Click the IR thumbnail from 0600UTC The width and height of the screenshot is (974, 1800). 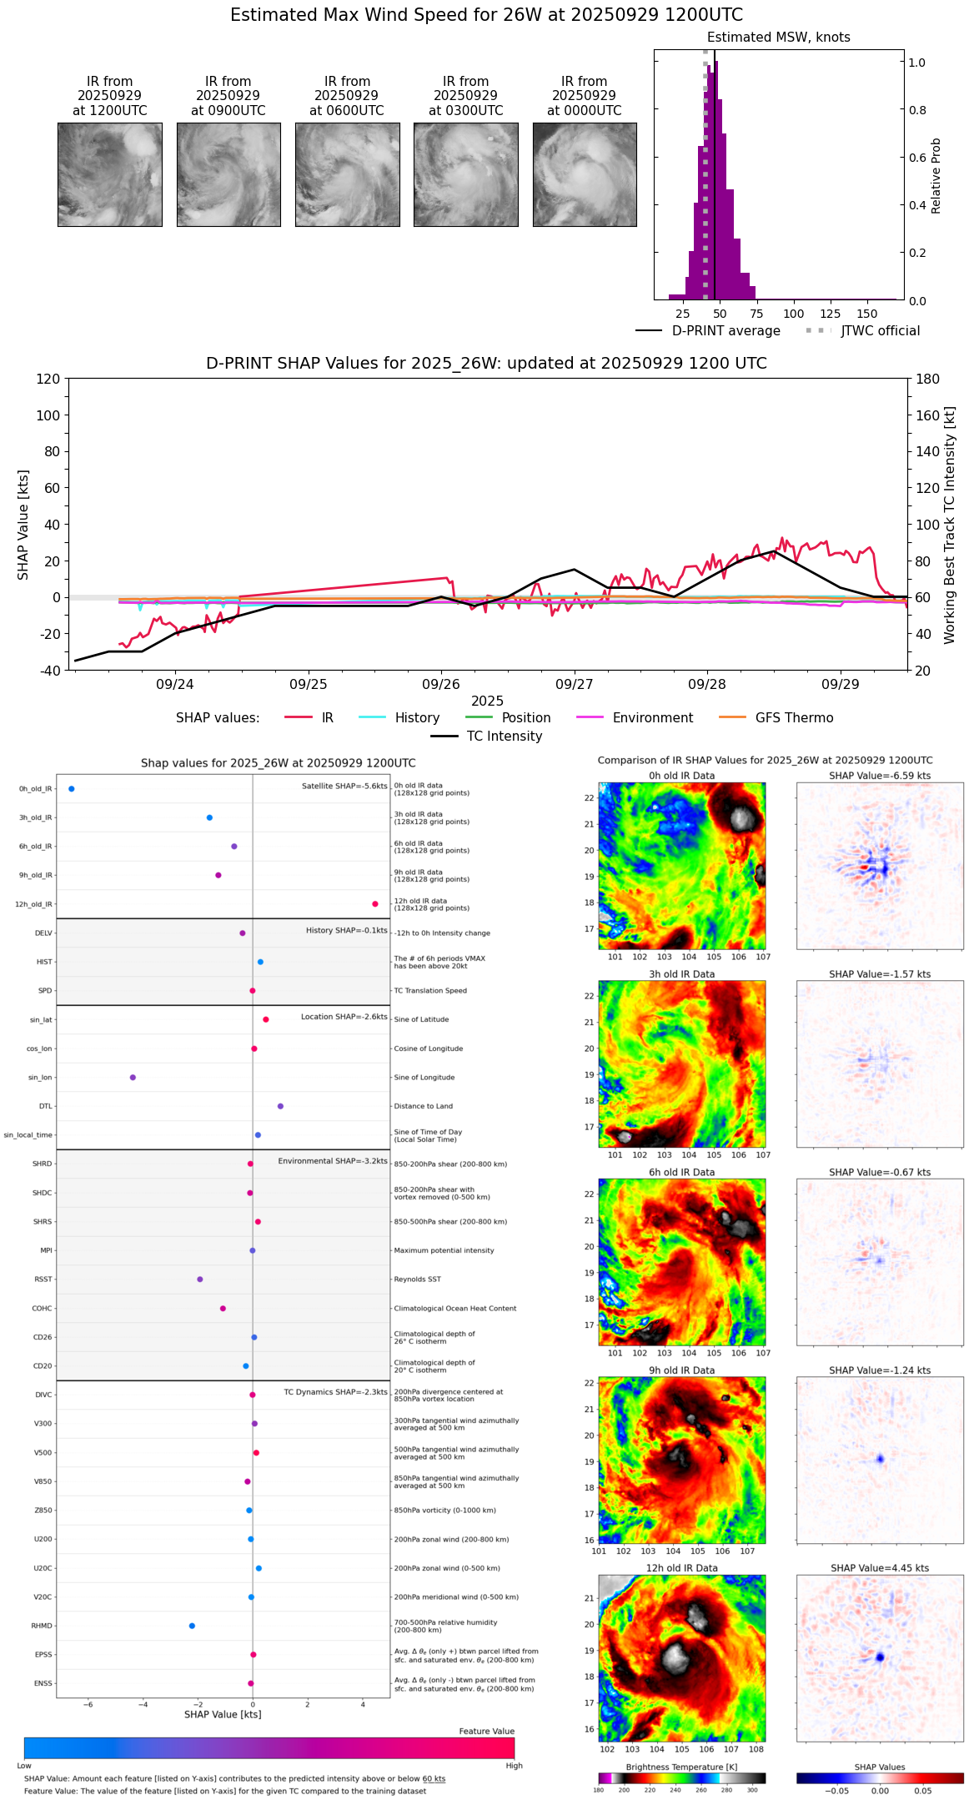[347, 174]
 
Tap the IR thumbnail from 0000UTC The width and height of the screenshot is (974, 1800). [585, 174]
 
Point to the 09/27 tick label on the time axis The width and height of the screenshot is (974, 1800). [575, 685]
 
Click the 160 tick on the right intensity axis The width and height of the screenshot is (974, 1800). [928, 415]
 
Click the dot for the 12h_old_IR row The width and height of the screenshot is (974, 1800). [375, 904]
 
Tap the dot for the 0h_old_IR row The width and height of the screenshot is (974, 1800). [72, 789]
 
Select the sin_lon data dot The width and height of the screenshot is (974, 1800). [133, 1078]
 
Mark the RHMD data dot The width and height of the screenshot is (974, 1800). [192, 1626]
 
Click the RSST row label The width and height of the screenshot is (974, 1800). [43, 1280]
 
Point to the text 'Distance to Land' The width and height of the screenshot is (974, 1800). [424, 1107]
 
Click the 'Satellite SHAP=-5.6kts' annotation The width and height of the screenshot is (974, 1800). [344, 787]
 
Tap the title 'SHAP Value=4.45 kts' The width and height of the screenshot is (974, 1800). [880, 1569]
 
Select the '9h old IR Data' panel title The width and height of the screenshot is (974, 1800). [681, 1370]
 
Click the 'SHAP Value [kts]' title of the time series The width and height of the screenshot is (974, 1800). [23, 525]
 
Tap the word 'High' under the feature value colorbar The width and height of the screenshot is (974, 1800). [514, 1766]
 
